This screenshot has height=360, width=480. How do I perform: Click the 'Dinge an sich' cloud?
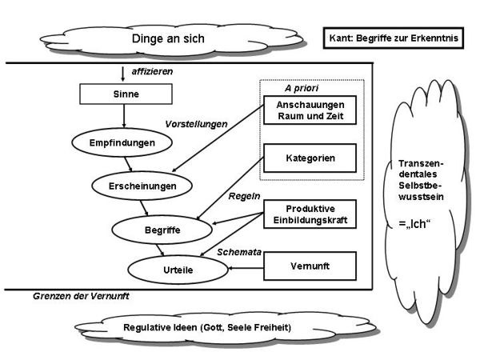point(168,38)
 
